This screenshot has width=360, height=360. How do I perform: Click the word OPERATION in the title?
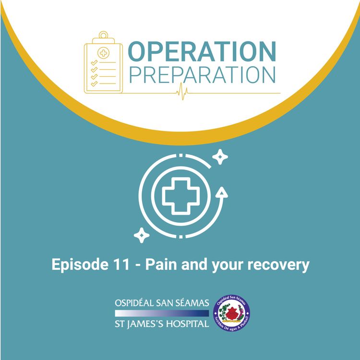(202, 51)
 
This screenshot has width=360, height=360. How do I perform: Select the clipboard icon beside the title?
(101, 62)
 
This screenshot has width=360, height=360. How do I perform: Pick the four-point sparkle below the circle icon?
(141, 235)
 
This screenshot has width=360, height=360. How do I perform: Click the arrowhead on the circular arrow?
(222, 192)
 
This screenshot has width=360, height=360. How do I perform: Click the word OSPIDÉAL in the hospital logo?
(136, 304)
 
